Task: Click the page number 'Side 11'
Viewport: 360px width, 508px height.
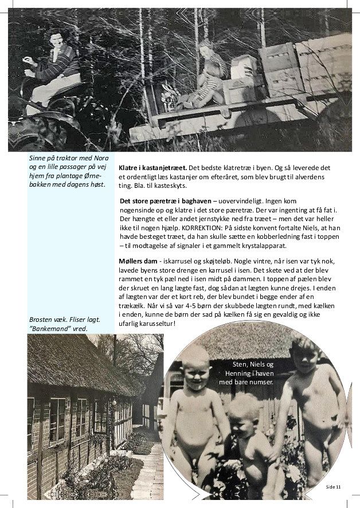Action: [x=334, y=486]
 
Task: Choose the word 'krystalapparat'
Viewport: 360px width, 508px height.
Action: [x=265, y=246]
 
